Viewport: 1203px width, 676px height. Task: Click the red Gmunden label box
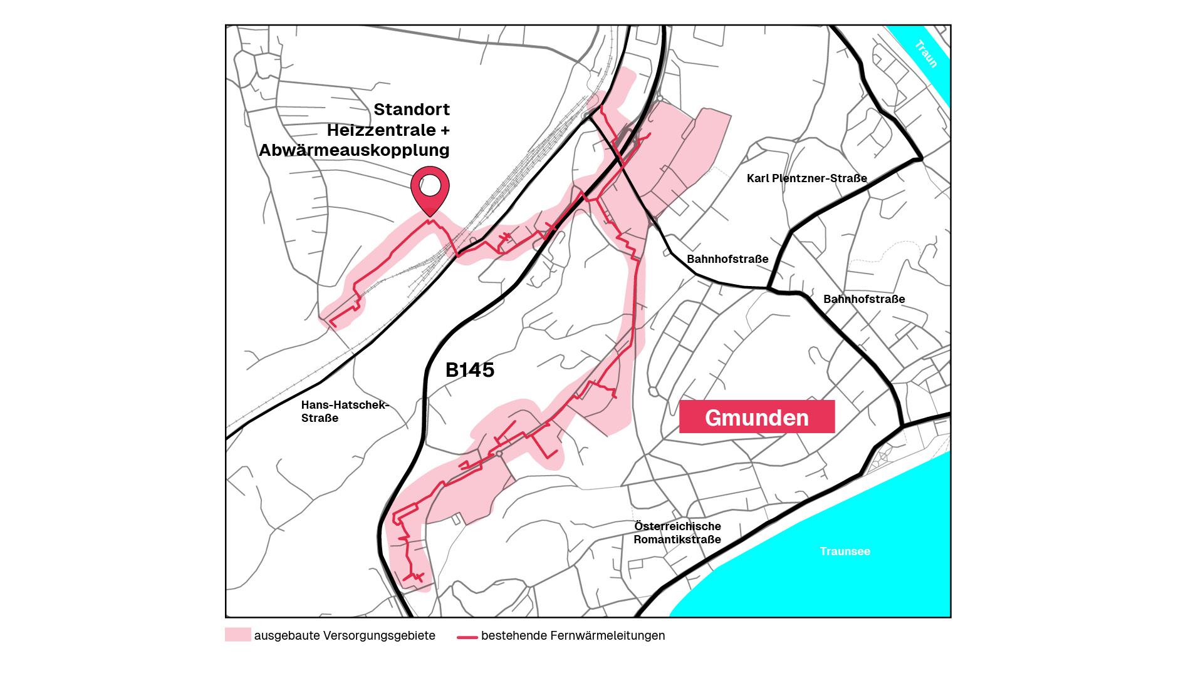click(757, 417)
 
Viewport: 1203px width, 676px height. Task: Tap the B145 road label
click(470, 370)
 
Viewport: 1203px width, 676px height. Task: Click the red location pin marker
click(430, 192)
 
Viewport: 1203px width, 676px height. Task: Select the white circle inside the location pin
click(430, 185)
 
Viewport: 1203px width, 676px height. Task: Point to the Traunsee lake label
click(845, 551)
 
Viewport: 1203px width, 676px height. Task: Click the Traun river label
click(926, 54)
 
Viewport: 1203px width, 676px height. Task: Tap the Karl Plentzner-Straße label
click(806, 178)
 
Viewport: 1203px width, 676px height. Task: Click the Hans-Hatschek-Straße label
click(345, 411)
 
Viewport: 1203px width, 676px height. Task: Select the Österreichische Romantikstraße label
click(677, 533)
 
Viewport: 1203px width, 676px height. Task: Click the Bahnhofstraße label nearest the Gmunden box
click(863, 299)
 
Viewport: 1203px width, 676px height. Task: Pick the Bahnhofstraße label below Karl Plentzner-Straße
click(727, 259)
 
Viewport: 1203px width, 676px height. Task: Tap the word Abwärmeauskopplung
click(354, 150)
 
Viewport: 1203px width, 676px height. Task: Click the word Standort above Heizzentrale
click(412, 110)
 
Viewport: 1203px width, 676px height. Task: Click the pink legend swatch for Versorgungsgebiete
click(237, 635)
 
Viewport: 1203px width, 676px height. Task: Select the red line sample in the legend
click(467, 637)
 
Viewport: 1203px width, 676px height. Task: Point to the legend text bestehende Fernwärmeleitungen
click(573, 636)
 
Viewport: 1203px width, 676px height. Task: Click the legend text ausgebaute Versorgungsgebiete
click(344, 636)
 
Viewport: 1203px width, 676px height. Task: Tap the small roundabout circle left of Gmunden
click(653, 392)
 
